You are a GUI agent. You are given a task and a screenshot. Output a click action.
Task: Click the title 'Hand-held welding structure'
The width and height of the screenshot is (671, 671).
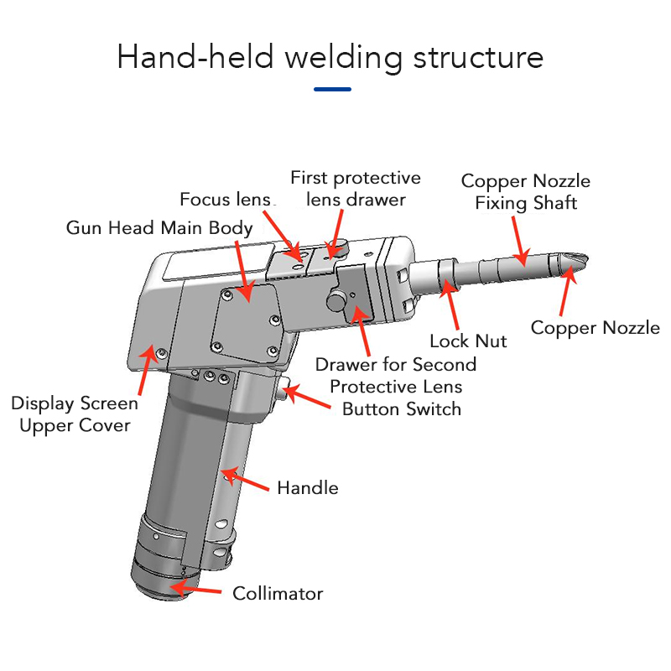[x=330, y=57]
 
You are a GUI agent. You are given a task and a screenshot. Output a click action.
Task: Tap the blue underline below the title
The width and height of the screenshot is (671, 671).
[x=332, y=89]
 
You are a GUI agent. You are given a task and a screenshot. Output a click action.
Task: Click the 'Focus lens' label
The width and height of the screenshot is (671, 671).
[x=226, y=200]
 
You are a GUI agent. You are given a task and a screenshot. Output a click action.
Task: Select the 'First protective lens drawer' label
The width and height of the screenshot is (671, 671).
[x=355, y=189]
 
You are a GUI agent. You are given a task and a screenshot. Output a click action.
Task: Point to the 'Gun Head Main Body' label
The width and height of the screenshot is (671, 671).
[x=159, y=228]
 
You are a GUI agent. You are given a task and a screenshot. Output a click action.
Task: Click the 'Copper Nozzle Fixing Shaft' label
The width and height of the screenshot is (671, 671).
[x=525, y=192]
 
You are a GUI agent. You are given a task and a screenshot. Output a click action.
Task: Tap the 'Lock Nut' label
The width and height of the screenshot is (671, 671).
[x=468, y=341]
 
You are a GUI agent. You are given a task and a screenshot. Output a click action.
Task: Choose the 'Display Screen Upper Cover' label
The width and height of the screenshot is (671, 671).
[x=75, y=414]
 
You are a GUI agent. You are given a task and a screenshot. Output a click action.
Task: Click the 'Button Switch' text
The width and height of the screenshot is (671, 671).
[x=401, y=409]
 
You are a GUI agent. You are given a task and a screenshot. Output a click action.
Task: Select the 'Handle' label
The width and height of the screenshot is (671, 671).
[x=308, y=487]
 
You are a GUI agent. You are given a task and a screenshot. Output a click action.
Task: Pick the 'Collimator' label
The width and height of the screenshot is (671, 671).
[x=277, y=593]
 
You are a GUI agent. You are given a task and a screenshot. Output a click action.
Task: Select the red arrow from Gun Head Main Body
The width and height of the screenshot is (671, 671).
[x=242, y=268]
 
